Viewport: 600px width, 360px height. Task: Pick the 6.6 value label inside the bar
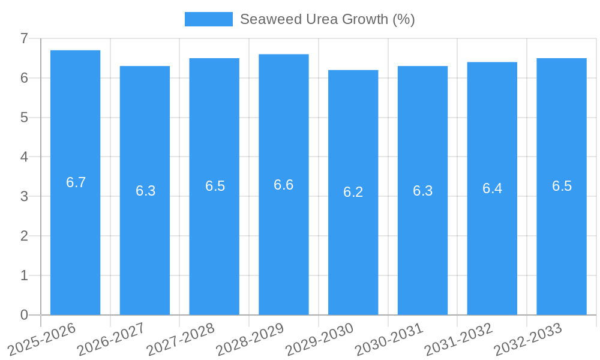[283, 185]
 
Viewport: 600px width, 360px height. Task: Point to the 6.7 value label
[76, 182]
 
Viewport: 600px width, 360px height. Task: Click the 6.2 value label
[353, 192]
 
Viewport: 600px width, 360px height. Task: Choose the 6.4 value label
[492, 188]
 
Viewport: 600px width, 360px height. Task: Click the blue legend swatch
[208, 19]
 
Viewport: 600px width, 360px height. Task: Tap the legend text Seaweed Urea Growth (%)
[327, 19]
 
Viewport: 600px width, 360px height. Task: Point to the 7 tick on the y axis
[24, 38]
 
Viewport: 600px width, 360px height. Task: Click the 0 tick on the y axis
[24, 315]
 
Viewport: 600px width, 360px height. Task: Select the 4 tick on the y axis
[24, 157]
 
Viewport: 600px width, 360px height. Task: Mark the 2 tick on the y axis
[24, 236]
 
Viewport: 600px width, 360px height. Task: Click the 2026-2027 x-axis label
[112, 338]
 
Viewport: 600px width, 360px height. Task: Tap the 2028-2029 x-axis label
[250, 338]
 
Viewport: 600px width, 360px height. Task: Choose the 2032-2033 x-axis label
[528, 338]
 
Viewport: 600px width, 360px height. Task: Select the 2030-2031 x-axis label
[389, 338]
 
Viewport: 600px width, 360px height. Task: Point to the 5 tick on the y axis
[24, 118]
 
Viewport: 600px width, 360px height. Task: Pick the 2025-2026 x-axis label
[42, 338]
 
